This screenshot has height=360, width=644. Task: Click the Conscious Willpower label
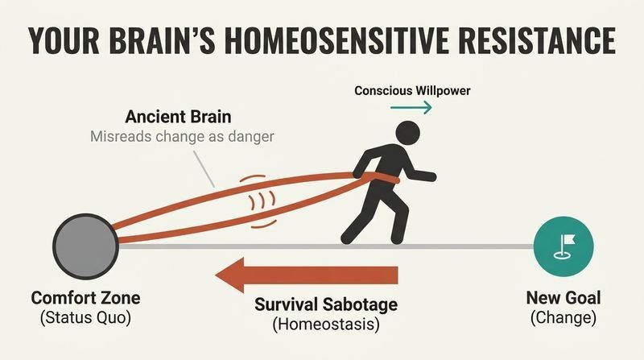click(412, 90)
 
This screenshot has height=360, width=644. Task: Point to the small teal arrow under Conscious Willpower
click(411, 108)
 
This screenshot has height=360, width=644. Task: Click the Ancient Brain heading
click(178, 117)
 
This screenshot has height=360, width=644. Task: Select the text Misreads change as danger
click(182, 136)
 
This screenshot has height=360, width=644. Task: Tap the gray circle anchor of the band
click(86, 246)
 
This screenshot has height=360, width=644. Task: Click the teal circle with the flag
click(563, 246)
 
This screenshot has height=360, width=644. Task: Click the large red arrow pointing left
click(307, 275)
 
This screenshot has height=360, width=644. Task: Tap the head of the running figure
click(407, 133)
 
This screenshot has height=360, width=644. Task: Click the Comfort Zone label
click(86, 298)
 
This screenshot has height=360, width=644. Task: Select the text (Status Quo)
click(86, 317)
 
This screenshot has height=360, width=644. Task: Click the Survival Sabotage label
click(326, 304)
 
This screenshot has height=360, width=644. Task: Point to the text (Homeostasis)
click(326, 324)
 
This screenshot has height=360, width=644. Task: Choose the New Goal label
click(563, 298)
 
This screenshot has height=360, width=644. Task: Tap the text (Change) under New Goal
click(563, 317)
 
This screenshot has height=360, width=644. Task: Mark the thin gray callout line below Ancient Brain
click(204, 169)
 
